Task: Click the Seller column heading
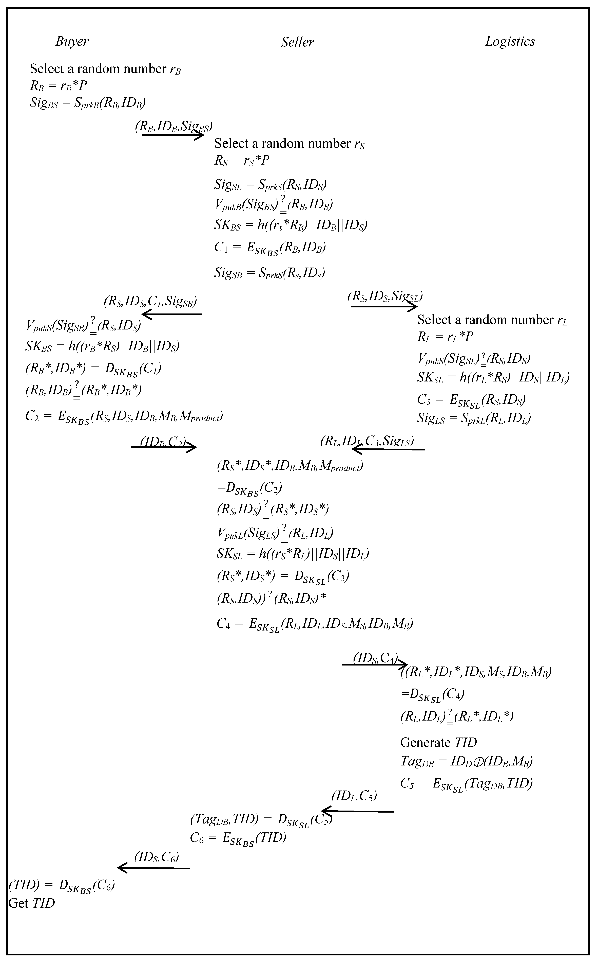coord(297,42)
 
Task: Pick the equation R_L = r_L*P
coord(445,337)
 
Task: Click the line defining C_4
coord(314,624)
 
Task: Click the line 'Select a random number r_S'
coord(289,144)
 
